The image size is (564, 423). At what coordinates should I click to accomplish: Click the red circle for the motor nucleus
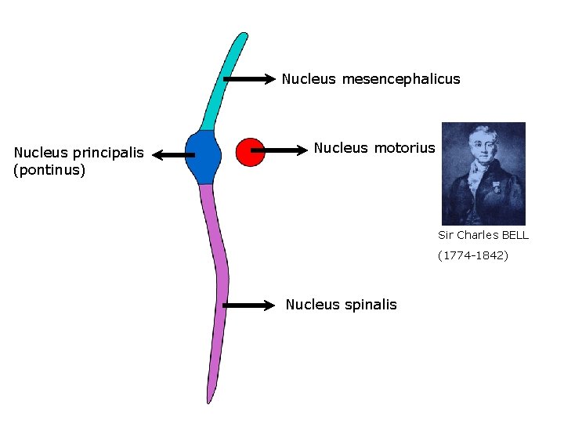pos(251,152)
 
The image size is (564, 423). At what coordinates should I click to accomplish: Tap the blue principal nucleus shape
pos(204,157)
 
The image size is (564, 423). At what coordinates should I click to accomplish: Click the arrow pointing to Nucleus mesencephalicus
pos(250,78)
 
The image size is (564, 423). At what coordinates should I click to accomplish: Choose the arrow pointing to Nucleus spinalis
pos(250,305)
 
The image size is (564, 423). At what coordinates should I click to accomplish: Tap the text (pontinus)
pos(49,169)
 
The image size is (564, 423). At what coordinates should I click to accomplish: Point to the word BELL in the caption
pos(514,235)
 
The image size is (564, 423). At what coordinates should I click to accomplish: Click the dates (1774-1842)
pos(473,255)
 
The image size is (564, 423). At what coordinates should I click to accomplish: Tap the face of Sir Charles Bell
pos(477,148)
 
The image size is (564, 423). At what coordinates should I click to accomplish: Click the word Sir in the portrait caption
pos(446,235)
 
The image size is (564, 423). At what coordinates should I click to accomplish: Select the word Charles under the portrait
pos(476,235)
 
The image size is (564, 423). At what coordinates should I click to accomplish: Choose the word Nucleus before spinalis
pos(313,305)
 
